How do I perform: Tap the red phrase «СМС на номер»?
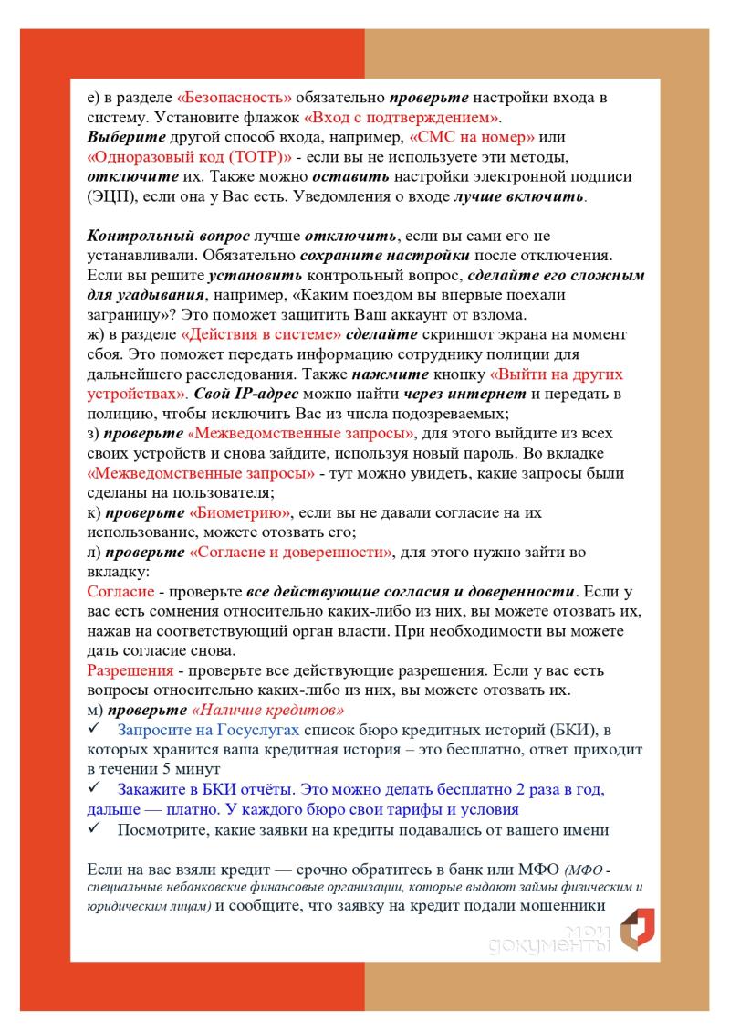472,137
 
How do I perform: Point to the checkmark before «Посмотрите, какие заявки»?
94,829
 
